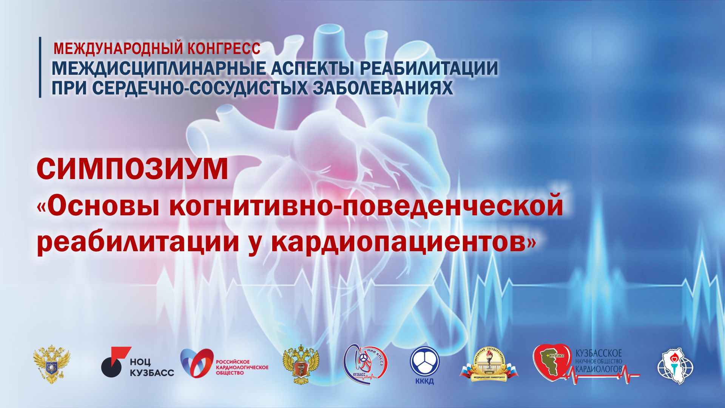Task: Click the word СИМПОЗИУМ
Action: coord(133,170)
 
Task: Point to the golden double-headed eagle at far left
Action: coord(52,365)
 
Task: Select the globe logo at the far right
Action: coord(676,366)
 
